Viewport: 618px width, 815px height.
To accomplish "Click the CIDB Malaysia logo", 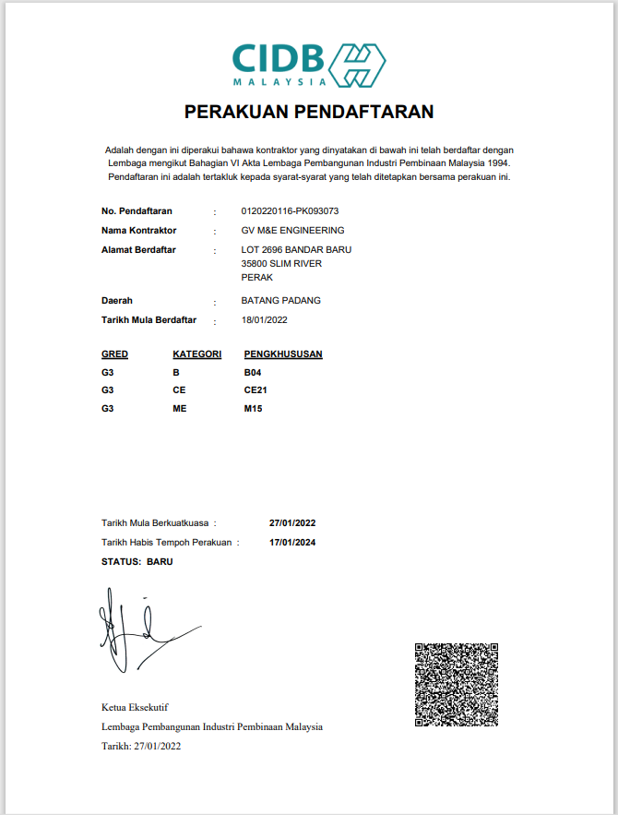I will (308, 64).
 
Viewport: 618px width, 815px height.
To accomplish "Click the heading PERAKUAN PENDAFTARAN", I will (309, 113).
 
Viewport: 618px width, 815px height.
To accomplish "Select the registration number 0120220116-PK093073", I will (290, 211).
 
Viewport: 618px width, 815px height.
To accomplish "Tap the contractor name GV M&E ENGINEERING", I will (292, 230).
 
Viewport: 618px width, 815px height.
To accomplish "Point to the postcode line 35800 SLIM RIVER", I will (281, 263).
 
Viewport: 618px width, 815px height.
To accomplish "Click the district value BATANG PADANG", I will (280, 301).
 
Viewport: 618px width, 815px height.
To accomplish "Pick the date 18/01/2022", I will (265, 319).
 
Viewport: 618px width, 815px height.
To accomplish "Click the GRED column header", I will (114, 354).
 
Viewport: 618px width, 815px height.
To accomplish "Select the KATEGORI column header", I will (196, 354).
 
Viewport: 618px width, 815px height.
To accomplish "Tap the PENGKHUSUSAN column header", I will (283, 354).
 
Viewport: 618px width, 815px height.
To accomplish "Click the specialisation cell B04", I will (253, 372).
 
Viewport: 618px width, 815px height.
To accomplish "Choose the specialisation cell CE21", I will (256, 390).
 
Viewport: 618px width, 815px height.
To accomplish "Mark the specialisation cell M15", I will (253, 408).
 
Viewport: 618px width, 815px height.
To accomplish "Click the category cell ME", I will (179, 408).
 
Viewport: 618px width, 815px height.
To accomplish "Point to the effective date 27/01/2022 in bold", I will (292, 523).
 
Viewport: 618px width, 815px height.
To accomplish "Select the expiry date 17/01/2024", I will (292, 543).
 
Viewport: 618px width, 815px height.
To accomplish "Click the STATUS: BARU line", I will (137, 561).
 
